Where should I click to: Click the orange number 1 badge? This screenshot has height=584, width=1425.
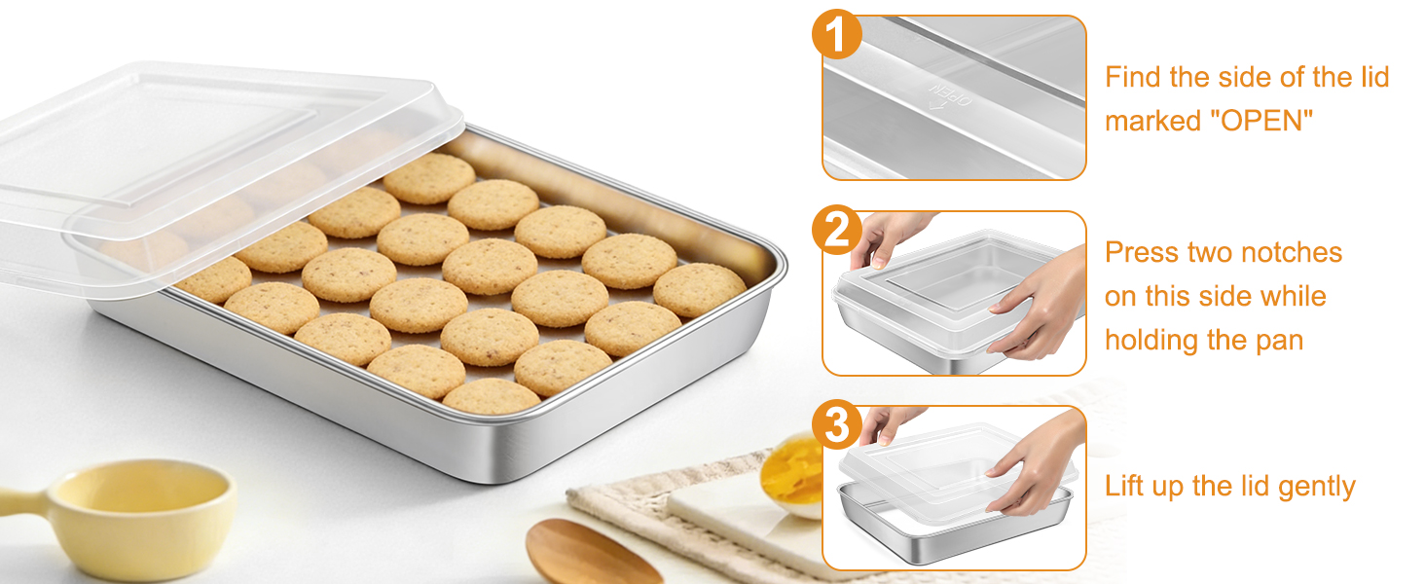click(836, 35)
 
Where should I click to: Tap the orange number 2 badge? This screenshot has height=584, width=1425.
click(836, 231)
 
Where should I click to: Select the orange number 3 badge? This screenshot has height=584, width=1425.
click(836, 425)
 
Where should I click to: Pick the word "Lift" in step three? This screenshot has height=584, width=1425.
click(1123, 486)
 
